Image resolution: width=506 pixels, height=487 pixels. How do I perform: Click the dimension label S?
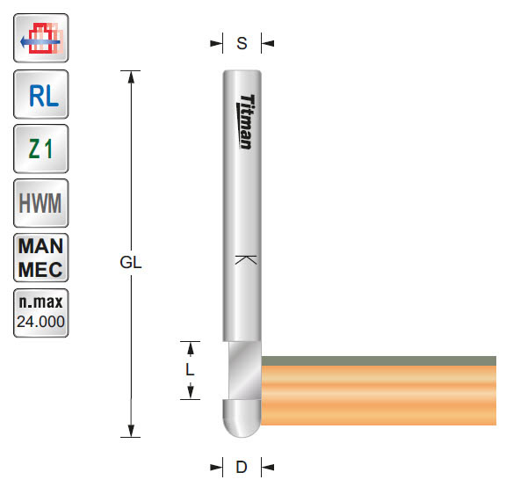pos(242,41)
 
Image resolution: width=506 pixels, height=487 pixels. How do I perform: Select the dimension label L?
pos(190,370)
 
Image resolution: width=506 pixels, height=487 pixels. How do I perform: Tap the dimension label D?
pos(241,467)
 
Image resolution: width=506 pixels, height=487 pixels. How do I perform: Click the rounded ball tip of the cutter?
pos(241,420)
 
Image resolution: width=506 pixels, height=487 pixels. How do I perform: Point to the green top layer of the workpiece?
pos(382,360)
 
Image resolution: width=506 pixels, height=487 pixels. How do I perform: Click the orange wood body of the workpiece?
pos(382,396)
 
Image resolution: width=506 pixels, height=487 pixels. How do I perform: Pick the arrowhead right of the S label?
pos(268,41)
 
